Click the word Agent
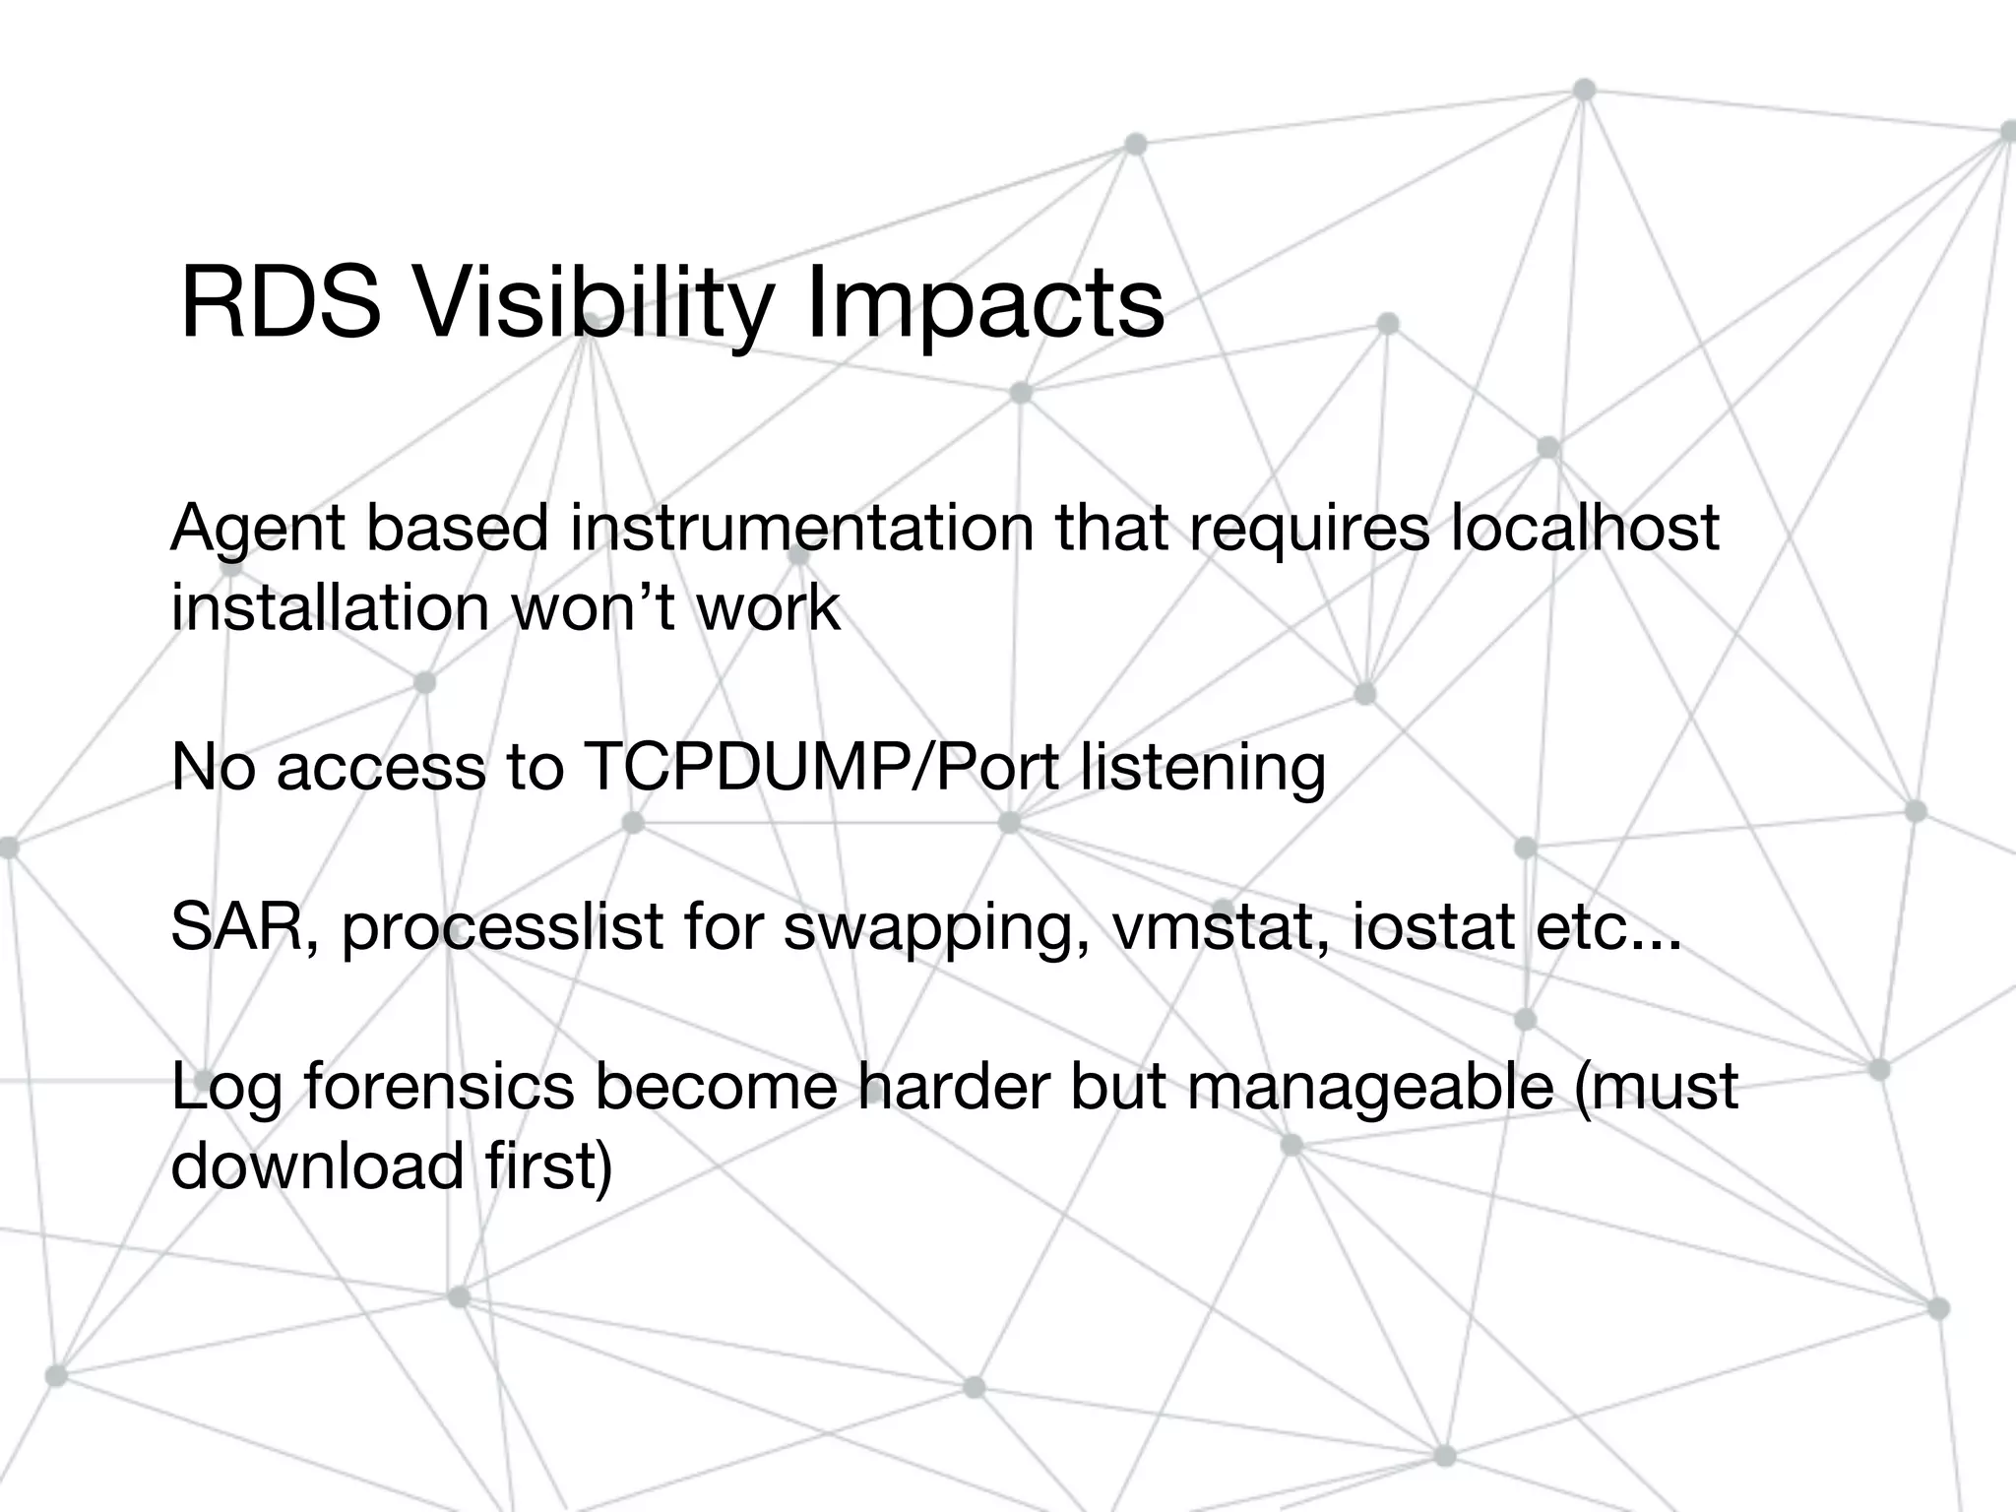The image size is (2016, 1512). [x=259, y=529]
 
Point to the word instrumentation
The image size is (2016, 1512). [x=801, y=529]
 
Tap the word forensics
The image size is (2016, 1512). [x=439, y=1087]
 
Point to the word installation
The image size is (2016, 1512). [x=330, y=607]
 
